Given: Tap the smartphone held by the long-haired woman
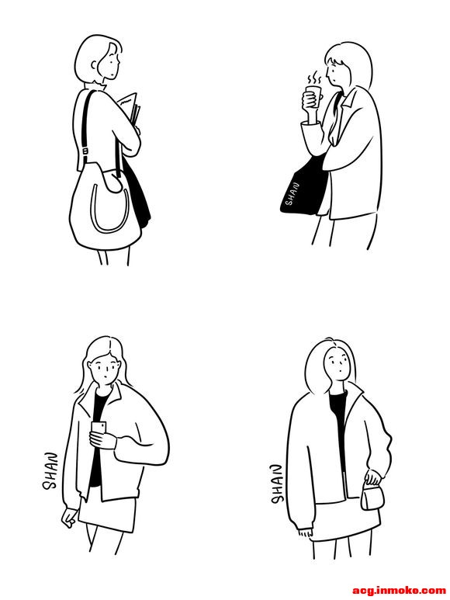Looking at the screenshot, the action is (x=99, y=428).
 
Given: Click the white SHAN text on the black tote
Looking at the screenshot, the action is (x=292, y=193).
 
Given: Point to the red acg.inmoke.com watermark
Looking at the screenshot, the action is (x=399, y=590).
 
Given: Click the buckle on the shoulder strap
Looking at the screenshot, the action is (x=85, y=151).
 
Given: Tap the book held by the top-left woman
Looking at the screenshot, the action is (x=130, y=109).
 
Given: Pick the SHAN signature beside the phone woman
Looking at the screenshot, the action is (x=50, y=471).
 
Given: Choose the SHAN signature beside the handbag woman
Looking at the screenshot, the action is (x=276, y=484).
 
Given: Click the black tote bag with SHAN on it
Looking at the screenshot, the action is (x=304, y=186).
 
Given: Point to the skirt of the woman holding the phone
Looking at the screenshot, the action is (x=108, y=515).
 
